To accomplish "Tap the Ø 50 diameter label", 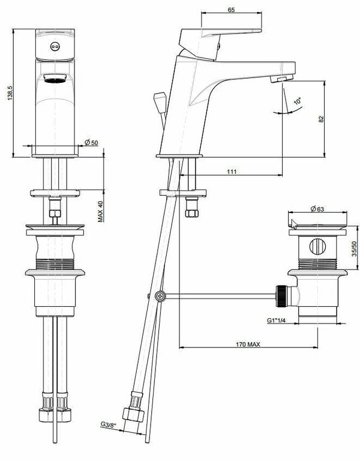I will (92, 142).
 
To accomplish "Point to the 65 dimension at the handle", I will (232, 10).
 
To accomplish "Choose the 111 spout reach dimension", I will (232, 172).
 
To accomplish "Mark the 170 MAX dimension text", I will (249, 343).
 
